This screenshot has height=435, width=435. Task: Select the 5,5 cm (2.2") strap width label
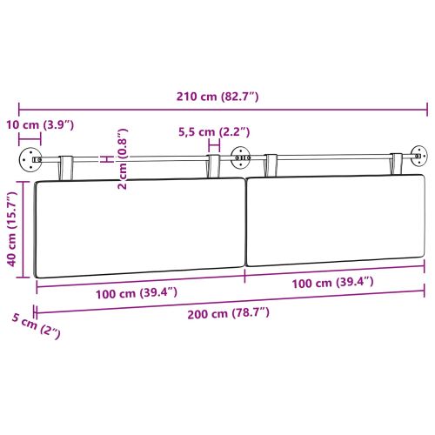pos(214,132)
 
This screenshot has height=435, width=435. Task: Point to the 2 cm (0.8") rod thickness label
pos(122,160)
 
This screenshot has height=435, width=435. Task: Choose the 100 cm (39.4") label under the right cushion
pos(332,282)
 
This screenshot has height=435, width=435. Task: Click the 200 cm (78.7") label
pos(228,311)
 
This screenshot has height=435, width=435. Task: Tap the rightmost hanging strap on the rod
pos(398,163)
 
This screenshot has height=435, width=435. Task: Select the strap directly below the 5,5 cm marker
pos(213,166)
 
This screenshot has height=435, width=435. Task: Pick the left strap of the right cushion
pos(271,164)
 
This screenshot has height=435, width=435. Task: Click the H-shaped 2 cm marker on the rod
pos(105,159)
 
